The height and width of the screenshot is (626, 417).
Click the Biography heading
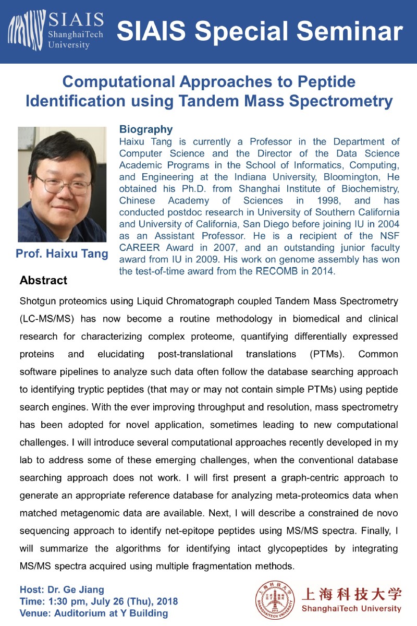point(146,129)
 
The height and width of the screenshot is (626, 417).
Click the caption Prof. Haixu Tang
point(62,254)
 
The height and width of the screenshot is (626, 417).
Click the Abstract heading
point(43,281)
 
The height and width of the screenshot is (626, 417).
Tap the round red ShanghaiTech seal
point(274,599)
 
